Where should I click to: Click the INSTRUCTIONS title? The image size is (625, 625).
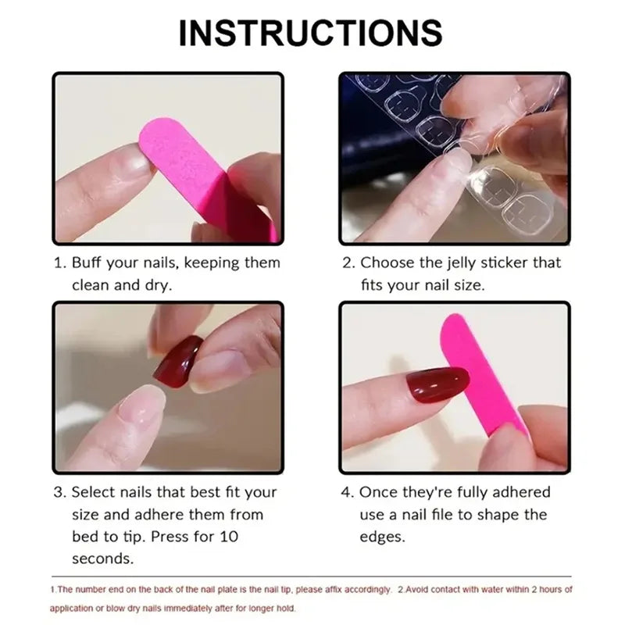coord(311,33)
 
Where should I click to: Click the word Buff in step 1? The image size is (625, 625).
coord(89,263)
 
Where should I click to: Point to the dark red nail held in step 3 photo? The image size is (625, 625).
coord(178,360)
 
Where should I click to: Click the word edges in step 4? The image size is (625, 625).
coord(383,537)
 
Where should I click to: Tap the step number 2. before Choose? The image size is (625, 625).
coord(348,263)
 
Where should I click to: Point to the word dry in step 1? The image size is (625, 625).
coord(159,285)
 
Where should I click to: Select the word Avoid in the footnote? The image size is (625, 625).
coord(427,589)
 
